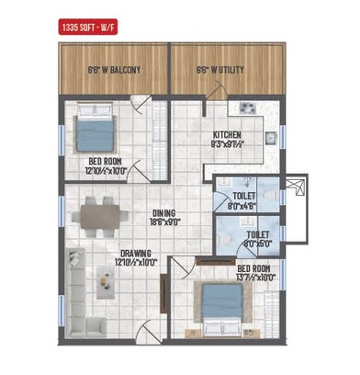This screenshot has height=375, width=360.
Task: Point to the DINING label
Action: pyautogui.click(x=164, y=212)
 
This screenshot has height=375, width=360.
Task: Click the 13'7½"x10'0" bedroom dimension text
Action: pyautogui.click(x=256, y=277)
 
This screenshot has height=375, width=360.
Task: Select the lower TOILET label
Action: pyautogui.click(x=258, y=235)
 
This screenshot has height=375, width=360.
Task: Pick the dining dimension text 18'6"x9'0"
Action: pyautogui.click(x=164, y=222)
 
